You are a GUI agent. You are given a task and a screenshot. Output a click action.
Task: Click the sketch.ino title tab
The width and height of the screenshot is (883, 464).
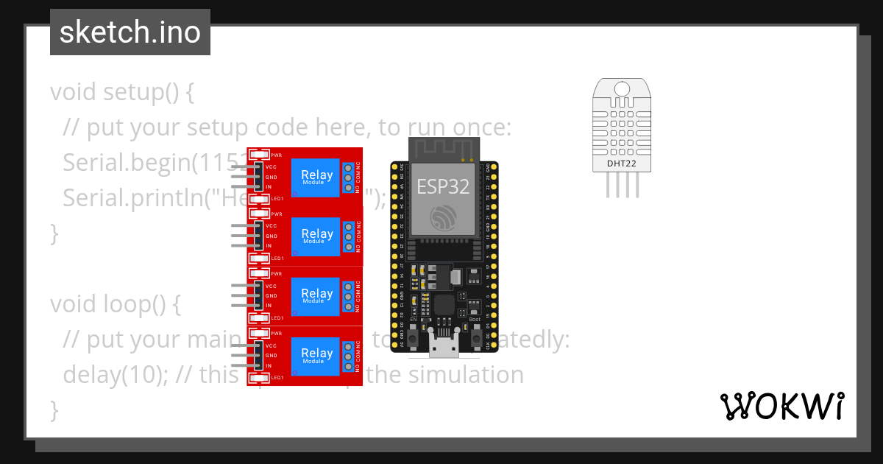tap(130, 32)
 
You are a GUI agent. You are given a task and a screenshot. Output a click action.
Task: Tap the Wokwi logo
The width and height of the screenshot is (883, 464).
tap(781, 406)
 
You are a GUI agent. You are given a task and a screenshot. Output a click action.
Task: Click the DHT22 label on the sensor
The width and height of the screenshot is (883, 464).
tap(622, 163)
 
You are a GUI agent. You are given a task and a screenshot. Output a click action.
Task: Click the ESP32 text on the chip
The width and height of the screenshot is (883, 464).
tap(443, 186)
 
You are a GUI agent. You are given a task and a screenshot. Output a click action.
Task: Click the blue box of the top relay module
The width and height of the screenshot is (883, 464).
tap(315, 177)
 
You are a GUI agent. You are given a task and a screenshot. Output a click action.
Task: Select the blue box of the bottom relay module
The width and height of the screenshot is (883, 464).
tap(315, 356)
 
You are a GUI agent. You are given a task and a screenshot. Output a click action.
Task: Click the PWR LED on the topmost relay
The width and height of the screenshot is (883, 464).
tap(259, 155)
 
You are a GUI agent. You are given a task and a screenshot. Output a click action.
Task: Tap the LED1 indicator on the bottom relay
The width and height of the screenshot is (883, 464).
tap(259, 378)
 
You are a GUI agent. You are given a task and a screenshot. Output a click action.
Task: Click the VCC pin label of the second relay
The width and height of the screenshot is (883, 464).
tap(272, 226)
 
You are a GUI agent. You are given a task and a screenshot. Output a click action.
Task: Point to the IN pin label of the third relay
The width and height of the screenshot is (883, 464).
tap(269, 305)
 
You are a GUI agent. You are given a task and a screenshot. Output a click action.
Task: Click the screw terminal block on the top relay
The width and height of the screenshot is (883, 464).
tap(348, 177)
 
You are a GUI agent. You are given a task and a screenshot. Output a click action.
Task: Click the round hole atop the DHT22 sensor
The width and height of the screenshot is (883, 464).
tap(622, 89)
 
